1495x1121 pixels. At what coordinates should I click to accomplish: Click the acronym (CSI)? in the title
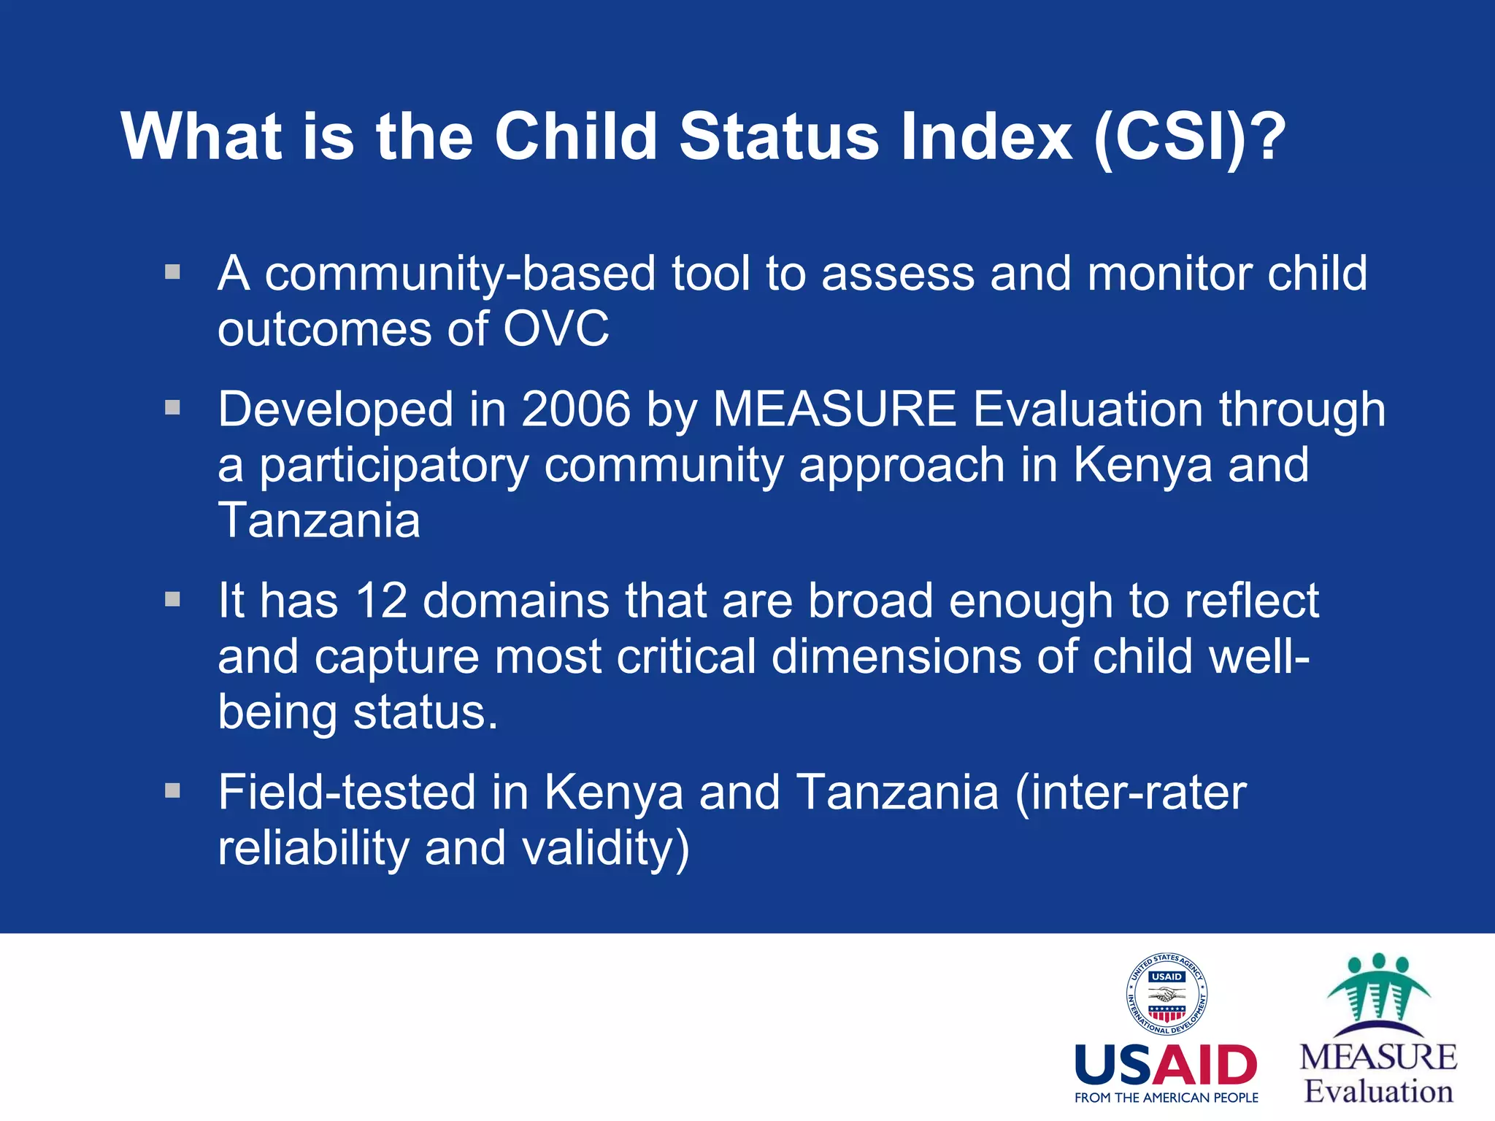1189,136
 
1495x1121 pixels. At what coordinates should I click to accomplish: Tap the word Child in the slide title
576,136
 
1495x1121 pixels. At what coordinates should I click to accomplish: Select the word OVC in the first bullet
556,329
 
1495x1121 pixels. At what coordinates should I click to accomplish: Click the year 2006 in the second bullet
575,409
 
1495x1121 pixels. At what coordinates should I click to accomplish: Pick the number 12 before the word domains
380,601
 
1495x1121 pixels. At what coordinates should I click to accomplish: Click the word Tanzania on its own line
319,521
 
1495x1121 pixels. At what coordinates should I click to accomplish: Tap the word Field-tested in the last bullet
346,793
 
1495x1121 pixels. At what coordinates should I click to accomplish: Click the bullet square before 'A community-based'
172,273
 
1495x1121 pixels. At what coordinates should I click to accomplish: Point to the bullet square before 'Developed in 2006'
172,407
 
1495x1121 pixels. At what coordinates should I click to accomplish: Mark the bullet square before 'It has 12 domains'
172,600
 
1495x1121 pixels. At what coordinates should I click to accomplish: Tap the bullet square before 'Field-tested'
172,791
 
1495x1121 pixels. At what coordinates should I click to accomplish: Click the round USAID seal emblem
1166,994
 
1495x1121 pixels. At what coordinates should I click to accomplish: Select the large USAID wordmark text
1166,1066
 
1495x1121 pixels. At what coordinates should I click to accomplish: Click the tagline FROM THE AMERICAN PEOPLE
1166,1098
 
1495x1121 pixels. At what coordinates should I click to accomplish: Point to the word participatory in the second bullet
393,466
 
